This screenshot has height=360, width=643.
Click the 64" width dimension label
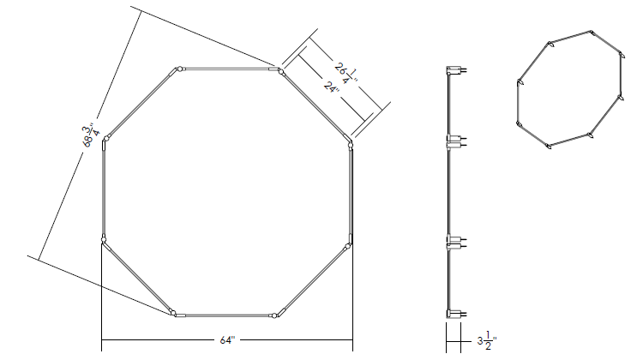[227, 340]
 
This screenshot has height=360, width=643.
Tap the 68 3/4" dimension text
[90, 135]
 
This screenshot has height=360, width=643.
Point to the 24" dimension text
[331, 87]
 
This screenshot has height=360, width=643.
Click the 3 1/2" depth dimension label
[487, 341]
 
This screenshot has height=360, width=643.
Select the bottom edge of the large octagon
[224, 315]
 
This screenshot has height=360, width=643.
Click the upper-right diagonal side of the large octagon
[316, 107]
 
